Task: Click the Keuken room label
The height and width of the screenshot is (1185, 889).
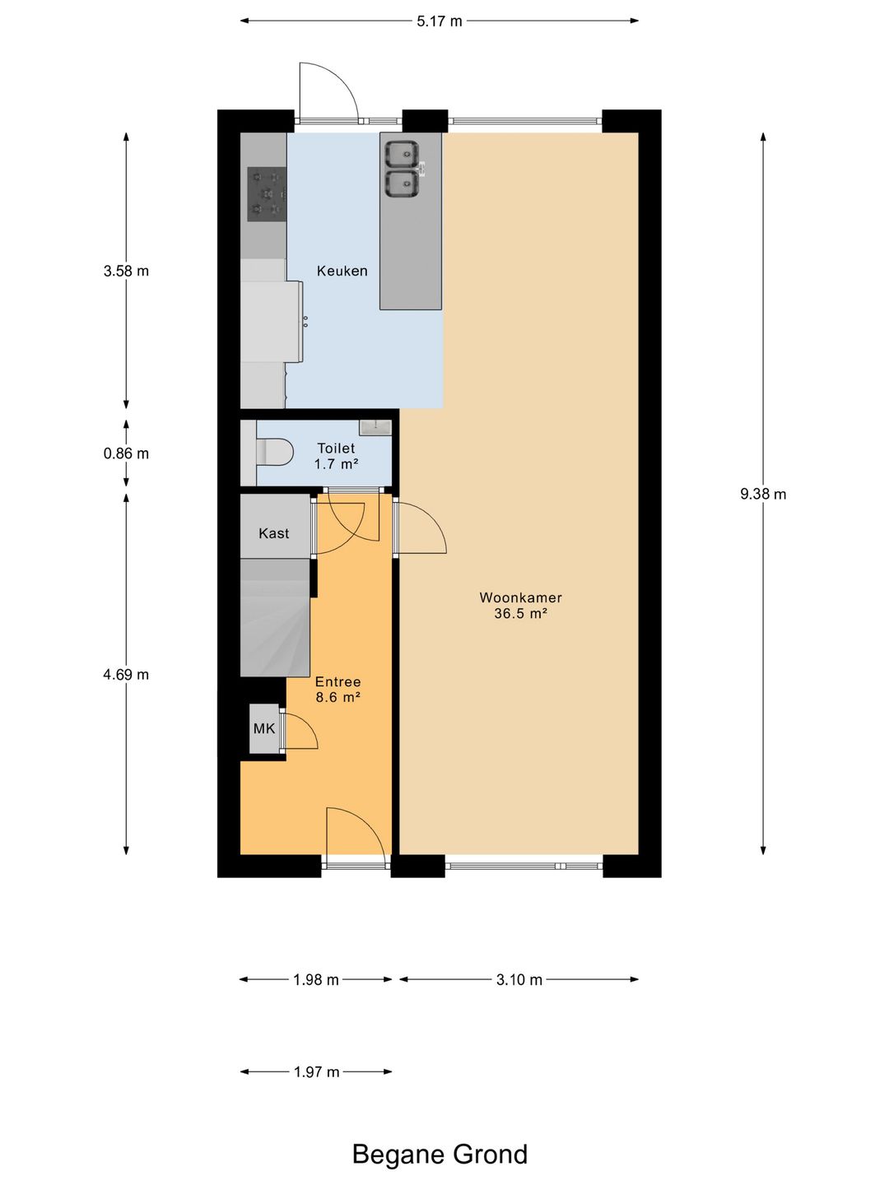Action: (x=342, y=271)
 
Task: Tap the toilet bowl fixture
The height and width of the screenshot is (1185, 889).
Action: (x=275, y=452)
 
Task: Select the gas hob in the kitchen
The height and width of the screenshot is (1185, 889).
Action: (x=267, y=194)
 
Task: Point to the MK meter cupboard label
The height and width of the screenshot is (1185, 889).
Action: (x=264, y=729)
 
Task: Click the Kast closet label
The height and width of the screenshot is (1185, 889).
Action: (x=274, y=533)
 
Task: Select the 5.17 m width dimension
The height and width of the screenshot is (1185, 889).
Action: (x=440, y=21)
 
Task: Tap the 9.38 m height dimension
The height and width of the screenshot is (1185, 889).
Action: (x=763, y=494)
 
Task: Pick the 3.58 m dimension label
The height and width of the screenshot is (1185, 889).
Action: (x=126, y=271)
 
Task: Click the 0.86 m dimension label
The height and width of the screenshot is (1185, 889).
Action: (x=126, y=453)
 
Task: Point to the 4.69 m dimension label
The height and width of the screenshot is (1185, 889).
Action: (x=126, y=674)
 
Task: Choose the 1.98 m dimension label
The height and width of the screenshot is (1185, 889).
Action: (x=316, y=980)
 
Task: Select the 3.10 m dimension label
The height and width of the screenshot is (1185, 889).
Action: (x=519, y=980)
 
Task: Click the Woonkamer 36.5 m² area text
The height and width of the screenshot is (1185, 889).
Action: (x=521, y=605)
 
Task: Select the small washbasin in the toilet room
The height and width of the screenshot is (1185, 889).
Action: (x=375, y=428)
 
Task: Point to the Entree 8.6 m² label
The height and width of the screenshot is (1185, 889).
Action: (x=337, y=690)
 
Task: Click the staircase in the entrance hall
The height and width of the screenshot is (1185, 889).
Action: (x=275, y=617)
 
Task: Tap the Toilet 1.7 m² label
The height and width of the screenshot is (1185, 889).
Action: (x=337, y=456)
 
